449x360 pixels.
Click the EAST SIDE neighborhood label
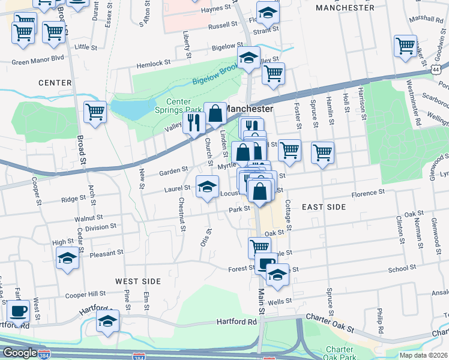click(x=324, y=206)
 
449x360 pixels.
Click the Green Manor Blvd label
click(x=37, y=61)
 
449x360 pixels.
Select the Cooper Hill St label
click(x=86, y=295)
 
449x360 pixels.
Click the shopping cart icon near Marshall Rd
click(x=405, y=46)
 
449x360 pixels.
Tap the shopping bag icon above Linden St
click(x=215, y=114)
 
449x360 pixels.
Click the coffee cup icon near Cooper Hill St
click(x=18, y=313)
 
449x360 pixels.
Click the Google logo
click(x=19, y=353)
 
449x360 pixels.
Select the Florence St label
click(x=367, y=193)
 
